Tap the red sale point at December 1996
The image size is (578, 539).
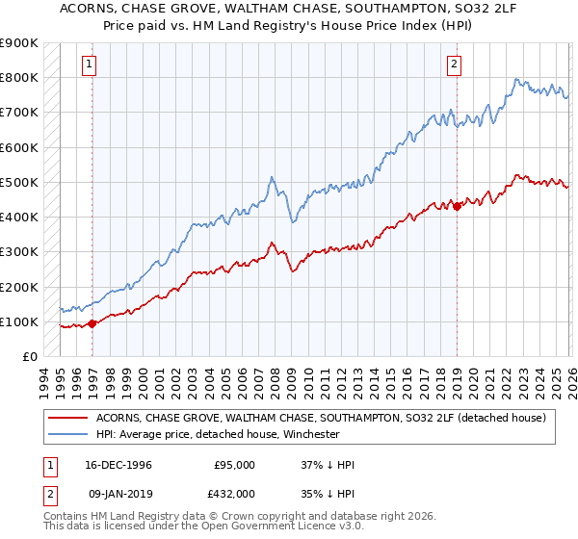click(92, 323)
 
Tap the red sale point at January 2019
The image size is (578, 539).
click(457, 206)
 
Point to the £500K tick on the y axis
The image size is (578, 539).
click(19, 182)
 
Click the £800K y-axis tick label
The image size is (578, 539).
click(19, 77)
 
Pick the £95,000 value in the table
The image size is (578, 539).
click(234, 465)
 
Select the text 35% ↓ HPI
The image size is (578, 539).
click(328, 493)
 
